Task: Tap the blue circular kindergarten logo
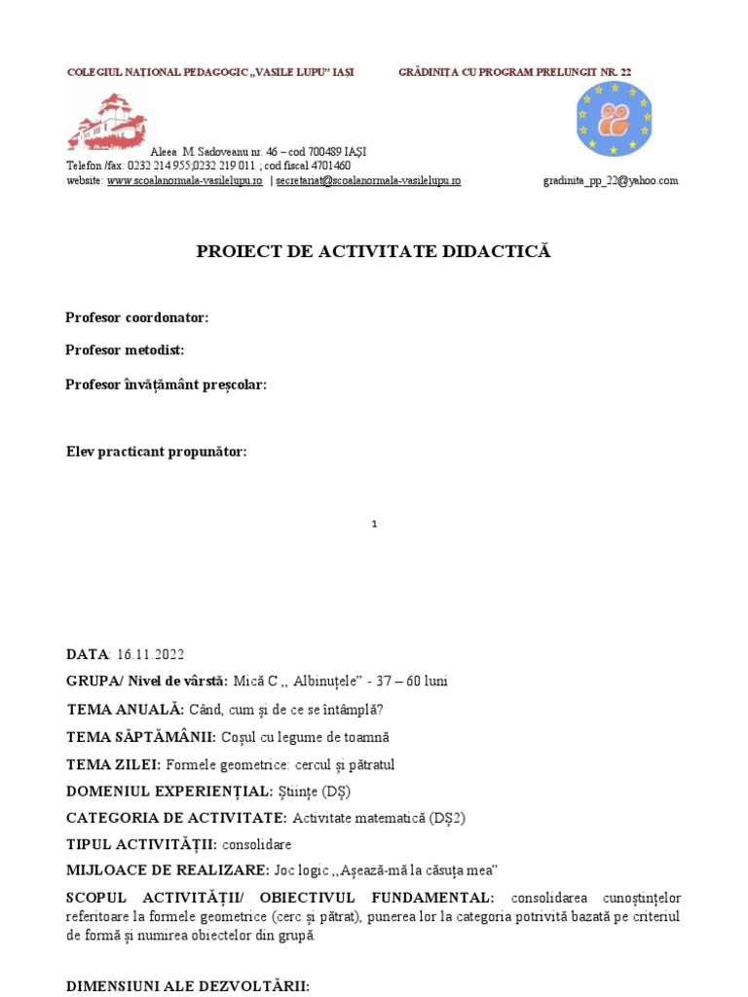tap(613, 119)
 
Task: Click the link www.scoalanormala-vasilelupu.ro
tap(184, 180)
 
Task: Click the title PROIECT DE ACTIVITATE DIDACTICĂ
tap(374, 251)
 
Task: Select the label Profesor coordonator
tap(137, 317)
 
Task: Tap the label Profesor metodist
tap(125, 350)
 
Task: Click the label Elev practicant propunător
tap(156, 451)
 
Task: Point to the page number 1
tap(374, 524)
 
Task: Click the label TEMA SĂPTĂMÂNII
tap(142, 736)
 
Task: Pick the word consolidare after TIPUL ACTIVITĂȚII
tap(260, 844)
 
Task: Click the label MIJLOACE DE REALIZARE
tap(162, 868)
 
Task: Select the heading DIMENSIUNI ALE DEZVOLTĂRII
tap(188, 985)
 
